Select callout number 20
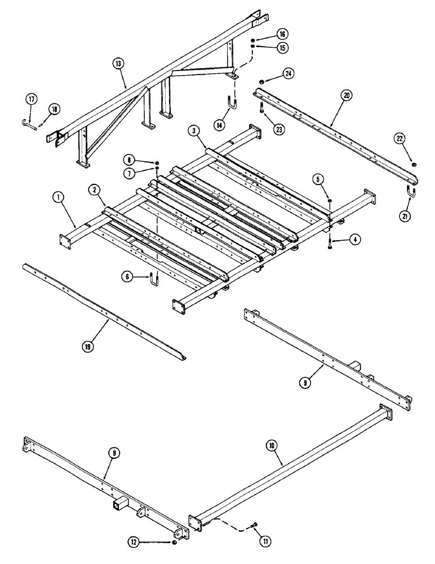(x=346, y=96)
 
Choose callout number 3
(x=193, y=131)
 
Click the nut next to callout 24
(x=263, y=81)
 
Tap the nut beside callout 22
(x=414, y=165)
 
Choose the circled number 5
(x=319, y=179)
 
